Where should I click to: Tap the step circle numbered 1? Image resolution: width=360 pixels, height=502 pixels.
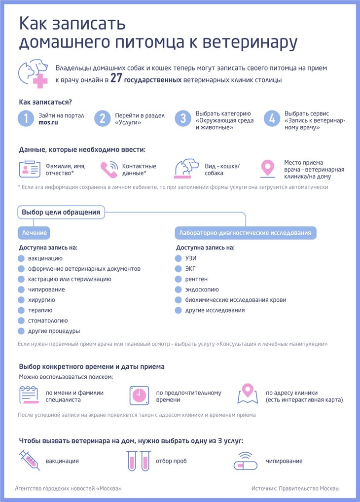pos(26,119)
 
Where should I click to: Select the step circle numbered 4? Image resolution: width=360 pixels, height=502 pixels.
pos(272,119)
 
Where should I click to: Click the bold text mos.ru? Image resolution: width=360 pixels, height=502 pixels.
pos(48,122)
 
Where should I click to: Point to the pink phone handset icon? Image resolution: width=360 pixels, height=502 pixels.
pos(109,170)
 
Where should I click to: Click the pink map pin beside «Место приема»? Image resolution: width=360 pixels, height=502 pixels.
pos(267,169)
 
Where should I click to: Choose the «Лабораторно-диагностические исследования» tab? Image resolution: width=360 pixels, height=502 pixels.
pos(246,232)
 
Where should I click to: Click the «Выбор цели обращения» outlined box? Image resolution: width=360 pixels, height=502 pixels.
pos(61,213)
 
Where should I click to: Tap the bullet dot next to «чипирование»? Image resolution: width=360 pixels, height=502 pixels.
pos(21,289)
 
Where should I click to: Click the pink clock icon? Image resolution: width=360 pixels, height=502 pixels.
pos(139,395)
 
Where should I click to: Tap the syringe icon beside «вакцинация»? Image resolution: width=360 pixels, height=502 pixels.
pos(29,460)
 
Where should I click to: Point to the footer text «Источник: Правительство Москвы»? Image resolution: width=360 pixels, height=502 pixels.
pos(295,488)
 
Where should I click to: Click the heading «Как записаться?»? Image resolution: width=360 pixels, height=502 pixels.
pos(45,102)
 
